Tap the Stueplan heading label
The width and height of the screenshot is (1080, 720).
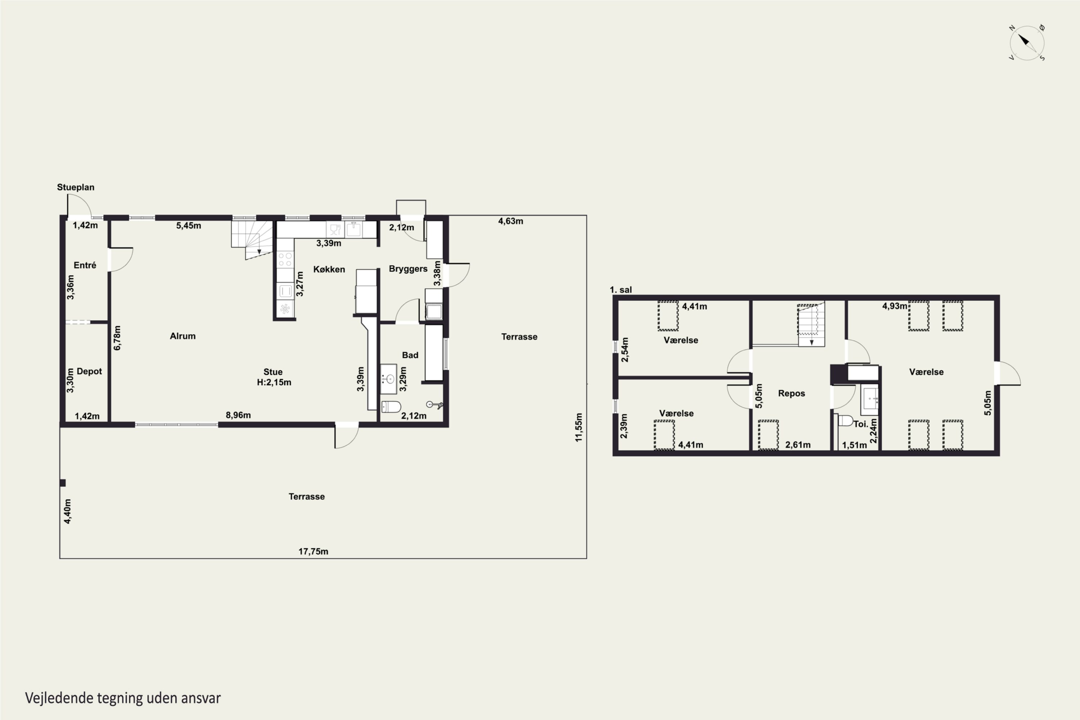tap(76, 187)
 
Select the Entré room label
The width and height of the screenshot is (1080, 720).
tap(85, 265)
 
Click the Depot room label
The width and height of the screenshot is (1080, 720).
tap(89, 372)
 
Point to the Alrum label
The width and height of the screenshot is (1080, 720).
tap(183, 336)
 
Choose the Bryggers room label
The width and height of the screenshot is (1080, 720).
tap(408, 269)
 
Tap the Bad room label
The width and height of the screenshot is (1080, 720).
tap(410, 355)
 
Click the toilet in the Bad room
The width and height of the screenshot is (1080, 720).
tap(391, 407)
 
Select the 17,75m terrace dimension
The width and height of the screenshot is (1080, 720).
tap(313, 552)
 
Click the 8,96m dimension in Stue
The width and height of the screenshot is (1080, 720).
tap(238, 415)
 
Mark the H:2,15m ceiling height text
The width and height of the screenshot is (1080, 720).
tap(274, 382)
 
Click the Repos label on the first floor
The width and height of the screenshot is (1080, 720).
tap(792, 393)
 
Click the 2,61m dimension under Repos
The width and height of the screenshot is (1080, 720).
tap(798, 445)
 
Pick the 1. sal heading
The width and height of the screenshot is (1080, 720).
tap(621, 290)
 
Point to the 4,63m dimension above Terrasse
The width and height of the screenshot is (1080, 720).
tap(510, 221)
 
